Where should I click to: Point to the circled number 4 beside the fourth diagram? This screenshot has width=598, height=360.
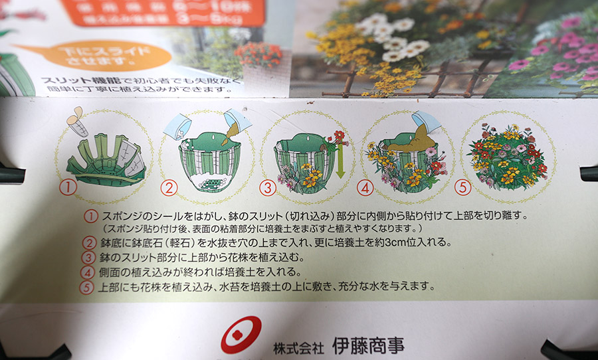click(x=365, y=188)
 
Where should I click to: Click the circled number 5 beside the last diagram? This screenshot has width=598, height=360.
click(x=463, y=188)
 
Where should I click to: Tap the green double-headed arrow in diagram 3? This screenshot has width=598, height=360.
click(x=340, y=160)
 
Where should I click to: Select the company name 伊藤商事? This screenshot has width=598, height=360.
click(x=367, y=345)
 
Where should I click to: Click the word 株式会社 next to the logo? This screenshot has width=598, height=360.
click(x=298, y=347)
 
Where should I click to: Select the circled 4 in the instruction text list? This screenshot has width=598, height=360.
click(x=89, y=272)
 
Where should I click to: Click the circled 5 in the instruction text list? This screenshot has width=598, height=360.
click(x=89, y=287)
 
